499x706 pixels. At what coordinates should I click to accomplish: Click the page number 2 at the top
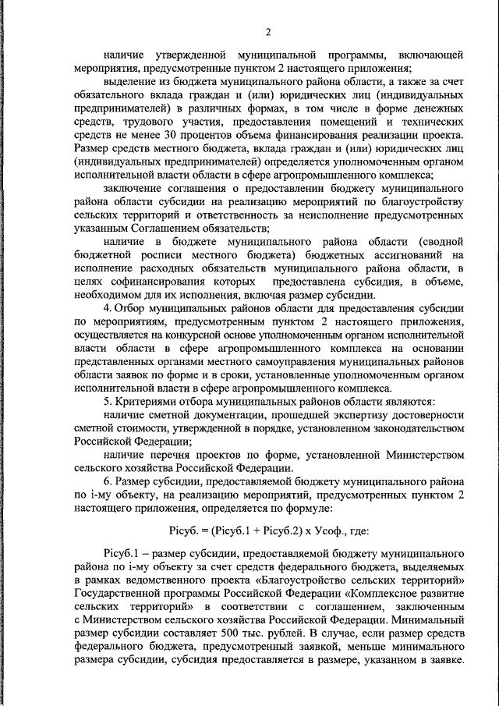coord(267,32)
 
